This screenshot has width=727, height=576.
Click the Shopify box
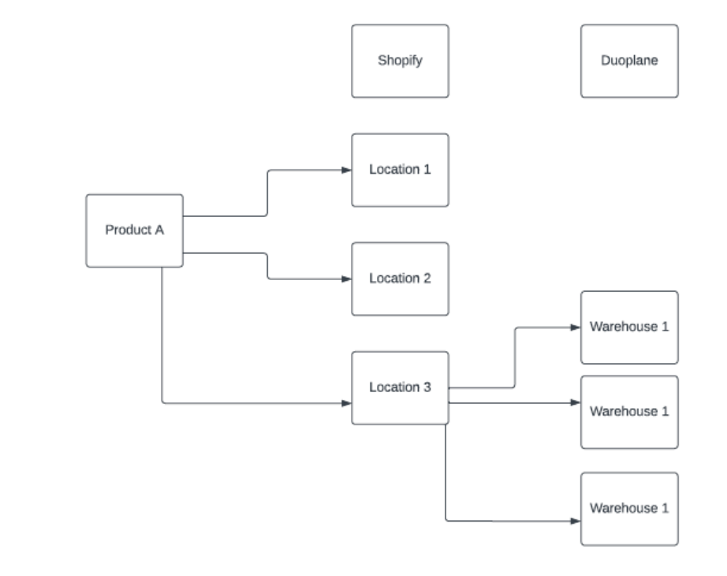click(x=400, y=61)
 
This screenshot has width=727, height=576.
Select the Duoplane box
click(x=628, y=61)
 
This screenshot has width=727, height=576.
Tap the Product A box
click(x=134, y=230)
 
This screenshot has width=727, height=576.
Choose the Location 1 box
click(x=400, y=170)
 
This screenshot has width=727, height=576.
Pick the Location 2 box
click(x=400, y=279)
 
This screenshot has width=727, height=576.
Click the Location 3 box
click(x=400, y=387)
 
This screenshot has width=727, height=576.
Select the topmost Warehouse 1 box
click(x=628, y=327)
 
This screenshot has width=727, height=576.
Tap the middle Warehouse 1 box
click(x=628, y=411)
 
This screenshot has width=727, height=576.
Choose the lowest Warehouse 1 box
click(x=628, y=508)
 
